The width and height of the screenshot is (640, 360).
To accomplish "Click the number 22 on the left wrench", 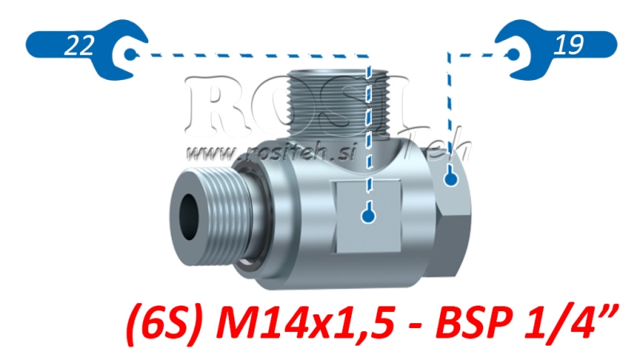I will tap(78, 47).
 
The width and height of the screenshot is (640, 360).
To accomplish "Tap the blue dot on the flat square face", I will tap(367, 215).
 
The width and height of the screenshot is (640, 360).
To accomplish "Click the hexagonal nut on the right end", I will tap(456, 196).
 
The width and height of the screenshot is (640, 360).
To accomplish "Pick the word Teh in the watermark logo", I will tap(436, 144).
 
